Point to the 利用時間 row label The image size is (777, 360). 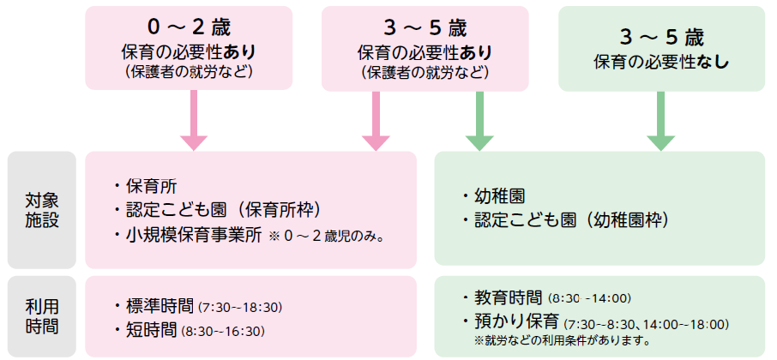tap(41, 315)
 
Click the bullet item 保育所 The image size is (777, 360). tap(150, 185)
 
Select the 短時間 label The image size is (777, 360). tap(150, 330)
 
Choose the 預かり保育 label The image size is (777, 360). tap(518, 323)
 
